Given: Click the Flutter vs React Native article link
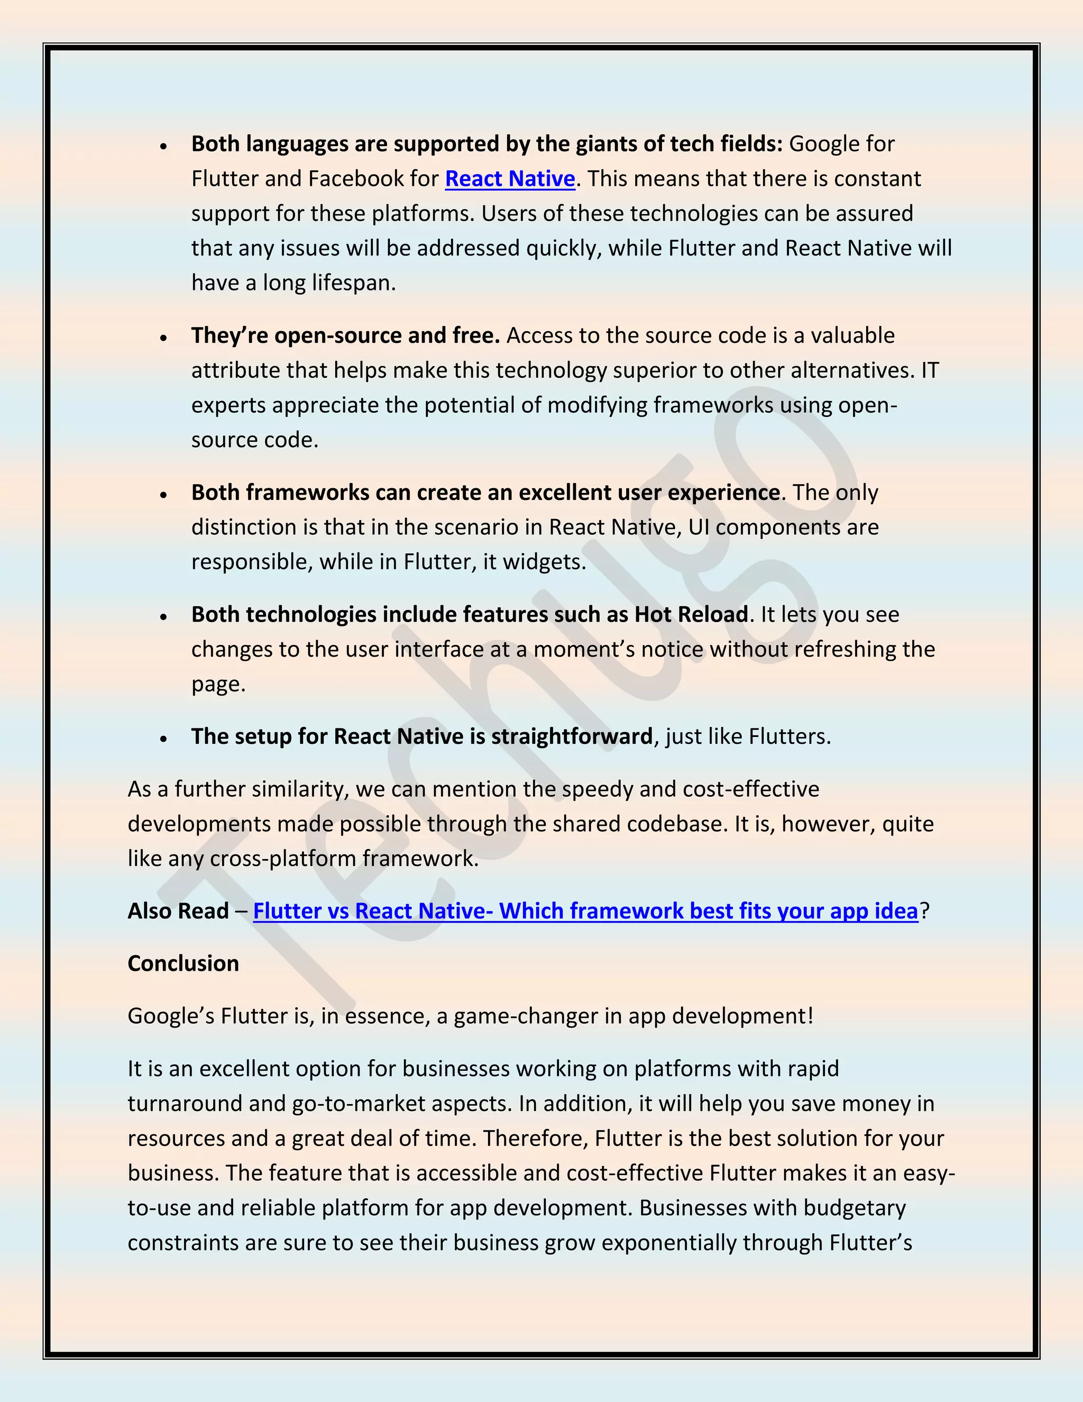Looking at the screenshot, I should point(585,911).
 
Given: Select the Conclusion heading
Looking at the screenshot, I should point(183,963).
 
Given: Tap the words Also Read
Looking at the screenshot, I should point(178,911).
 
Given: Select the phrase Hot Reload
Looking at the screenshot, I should point(691,614).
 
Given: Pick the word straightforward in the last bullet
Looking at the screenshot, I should point(572,736).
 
